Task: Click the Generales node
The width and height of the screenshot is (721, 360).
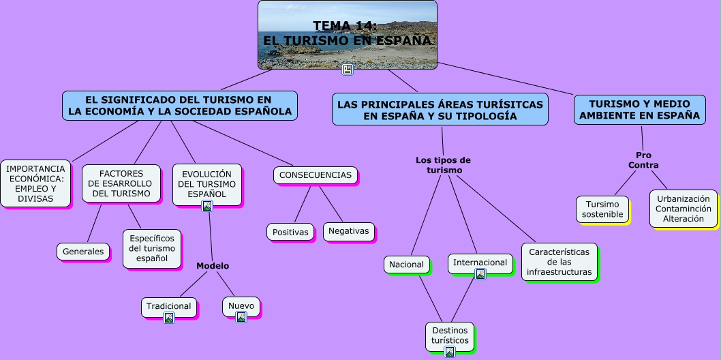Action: (83, 252)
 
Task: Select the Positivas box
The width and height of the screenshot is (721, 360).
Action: (290, 232)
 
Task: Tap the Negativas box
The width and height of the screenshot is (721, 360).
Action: (348, 231)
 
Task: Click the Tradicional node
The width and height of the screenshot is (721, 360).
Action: (168, 306)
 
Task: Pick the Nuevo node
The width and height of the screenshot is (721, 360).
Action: (241, 305)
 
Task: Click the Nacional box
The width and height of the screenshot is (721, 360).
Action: (406, 265)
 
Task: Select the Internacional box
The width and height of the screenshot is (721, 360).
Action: (480, 262)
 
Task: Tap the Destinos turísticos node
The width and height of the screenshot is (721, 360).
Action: (450, 335)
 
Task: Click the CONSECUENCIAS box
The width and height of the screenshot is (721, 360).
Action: (316, 175)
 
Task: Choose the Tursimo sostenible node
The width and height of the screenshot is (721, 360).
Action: (602, 209)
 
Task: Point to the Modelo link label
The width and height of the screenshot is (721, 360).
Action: (213, 266)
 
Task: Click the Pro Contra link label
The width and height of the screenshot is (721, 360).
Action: (643, 160)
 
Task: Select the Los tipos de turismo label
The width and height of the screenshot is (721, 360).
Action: (443, 165)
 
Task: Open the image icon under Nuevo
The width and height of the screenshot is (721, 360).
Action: (241, 317)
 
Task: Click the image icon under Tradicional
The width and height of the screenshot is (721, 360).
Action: (169, 317)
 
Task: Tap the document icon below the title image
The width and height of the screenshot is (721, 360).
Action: (348, 70)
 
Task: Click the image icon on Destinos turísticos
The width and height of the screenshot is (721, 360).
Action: (450, 352)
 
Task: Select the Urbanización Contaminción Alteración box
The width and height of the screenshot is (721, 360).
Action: (683, 209)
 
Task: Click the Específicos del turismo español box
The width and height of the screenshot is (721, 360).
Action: (152, 248)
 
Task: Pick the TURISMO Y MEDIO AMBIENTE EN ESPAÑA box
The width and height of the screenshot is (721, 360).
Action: (639, 110)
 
